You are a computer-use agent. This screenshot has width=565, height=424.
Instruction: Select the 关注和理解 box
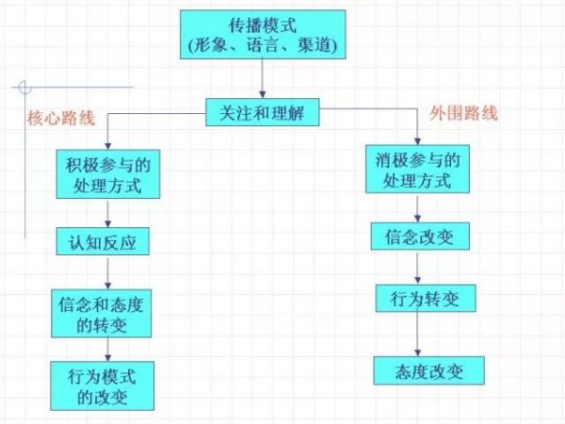coord(262,114)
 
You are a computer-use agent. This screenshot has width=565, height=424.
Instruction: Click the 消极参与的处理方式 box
coord(416,168)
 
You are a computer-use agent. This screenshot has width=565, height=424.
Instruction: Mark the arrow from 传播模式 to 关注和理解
coord(262,81)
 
